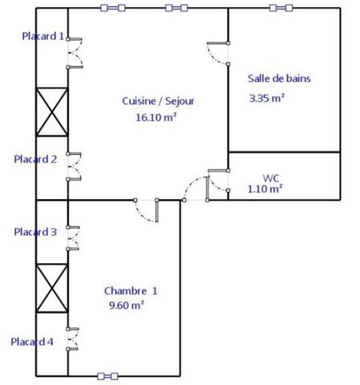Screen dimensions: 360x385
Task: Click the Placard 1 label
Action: click(43, 36)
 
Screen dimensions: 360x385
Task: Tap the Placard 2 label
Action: click(35, 160)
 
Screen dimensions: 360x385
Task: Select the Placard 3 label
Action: click(35, 232)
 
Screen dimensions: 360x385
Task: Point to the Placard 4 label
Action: click(32, 342)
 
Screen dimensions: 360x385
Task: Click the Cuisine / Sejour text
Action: click(158, 101)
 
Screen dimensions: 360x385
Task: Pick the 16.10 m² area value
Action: click(156, 117)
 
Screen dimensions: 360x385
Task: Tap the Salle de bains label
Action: click(279, 79)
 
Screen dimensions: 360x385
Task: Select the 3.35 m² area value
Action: click(266, 98)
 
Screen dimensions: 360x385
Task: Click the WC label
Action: click(271, 178)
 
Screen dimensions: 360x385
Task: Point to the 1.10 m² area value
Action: click(265, 189)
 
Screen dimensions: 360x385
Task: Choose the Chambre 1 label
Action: click(131, 291)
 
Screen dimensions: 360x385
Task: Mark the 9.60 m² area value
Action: click(127, 305)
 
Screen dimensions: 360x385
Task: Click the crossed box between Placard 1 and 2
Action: click(52, 111)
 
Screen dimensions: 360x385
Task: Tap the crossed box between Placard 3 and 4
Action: click(52, 288)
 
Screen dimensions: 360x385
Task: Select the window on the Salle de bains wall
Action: click(281, 8)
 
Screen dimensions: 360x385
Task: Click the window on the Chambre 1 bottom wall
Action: click(107, 376)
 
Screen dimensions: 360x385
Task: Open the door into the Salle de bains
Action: click(218, 53)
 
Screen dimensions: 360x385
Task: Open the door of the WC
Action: click(218, 180)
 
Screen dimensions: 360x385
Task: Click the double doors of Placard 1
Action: click(75, 53)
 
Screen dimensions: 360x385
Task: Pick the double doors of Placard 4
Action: click(72, 339)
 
